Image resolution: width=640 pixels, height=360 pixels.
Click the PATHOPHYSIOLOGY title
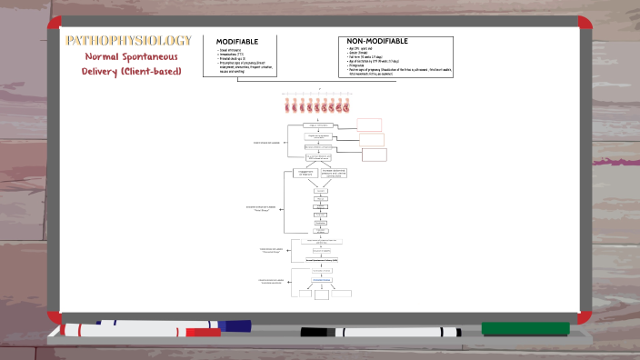point(127,40)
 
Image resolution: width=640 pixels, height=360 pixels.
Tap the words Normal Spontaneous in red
point(127,56)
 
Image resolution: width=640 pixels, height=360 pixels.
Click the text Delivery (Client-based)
point(127,71)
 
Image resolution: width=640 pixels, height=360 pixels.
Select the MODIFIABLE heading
point(237,42)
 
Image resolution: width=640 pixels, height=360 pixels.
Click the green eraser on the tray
point(525,328)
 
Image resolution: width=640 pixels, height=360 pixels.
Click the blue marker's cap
point(235,324)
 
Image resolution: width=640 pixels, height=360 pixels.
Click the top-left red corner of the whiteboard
point(54,22)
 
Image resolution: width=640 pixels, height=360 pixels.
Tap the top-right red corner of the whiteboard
point(584,22)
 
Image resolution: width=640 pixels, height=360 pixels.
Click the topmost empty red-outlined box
point(369,125)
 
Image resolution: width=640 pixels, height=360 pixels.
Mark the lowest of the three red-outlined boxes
point(374,155)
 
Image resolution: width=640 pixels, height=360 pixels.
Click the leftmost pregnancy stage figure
point(287,105)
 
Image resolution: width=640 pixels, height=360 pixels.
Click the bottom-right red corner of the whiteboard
point(584,309)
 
